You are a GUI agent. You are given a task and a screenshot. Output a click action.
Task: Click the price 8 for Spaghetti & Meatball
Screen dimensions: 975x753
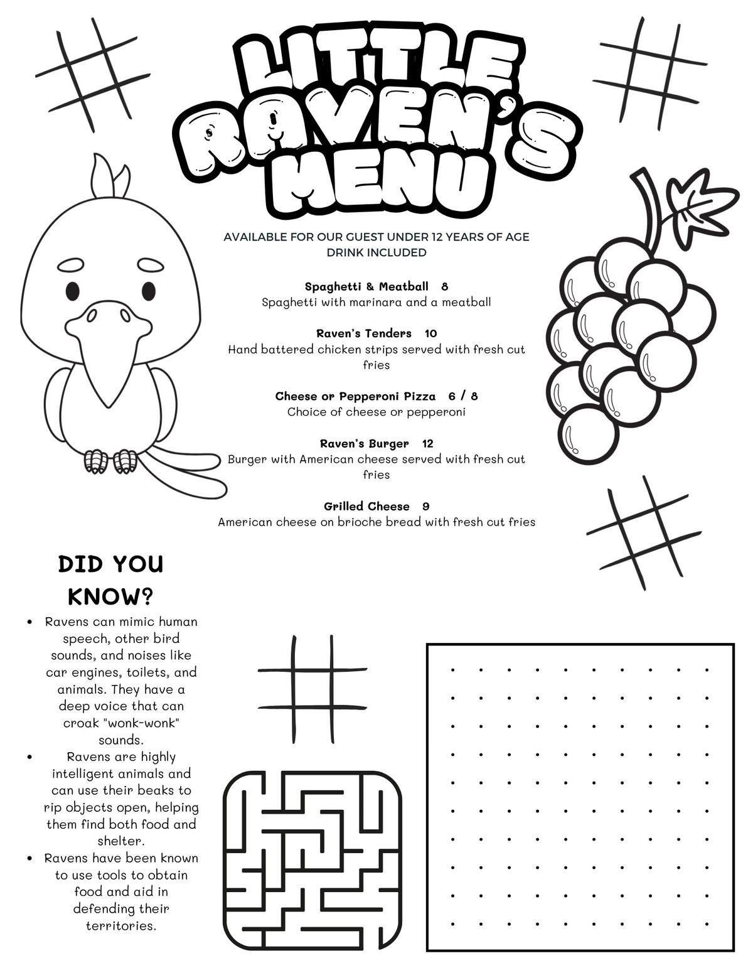coord(444,287)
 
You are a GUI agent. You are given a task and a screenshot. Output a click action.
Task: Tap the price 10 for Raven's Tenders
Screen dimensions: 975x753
coord(430,333)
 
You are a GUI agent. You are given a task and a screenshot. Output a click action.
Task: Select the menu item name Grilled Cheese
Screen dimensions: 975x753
coord(366,507)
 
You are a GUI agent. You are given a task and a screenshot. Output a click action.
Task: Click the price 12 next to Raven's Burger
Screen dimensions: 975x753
coord(427,444)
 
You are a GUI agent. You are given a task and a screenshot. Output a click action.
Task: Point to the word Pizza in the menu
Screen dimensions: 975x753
coord(419,396)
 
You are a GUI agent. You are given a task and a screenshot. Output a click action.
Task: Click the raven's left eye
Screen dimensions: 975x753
coord(73,291)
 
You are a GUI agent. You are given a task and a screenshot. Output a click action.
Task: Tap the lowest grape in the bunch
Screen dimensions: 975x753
coord(587,434)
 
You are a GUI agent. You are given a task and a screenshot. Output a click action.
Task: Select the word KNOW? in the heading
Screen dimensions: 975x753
coord(110,596)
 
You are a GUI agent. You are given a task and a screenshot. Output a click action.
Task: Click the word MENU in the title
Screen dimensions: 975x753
coord(383,185)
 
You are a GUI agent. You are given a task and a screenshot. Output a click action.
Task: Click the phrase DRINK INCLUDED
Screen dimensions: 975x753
coord(376,253)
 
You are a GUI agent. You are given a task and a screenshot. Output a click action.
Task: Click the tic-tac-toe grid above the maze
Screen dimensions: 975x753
coord(312,689)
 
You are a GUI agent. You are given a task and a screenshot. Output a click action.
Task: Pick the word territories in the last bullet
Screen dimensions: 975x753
coord(120,926)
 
